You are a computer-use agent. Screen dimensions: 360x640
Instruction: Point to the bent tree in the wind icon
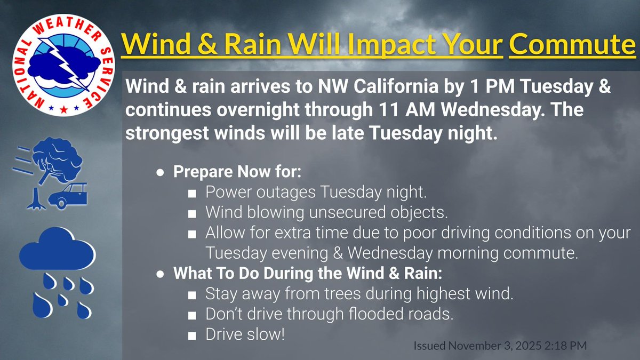[x=53, y=165]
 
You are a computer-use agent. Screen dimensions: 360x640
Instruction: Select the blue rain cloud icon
[x=57, y=251]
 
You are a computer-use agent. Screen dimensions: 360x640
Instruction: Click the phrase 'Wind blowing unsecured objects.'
[x=326, y=212]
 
